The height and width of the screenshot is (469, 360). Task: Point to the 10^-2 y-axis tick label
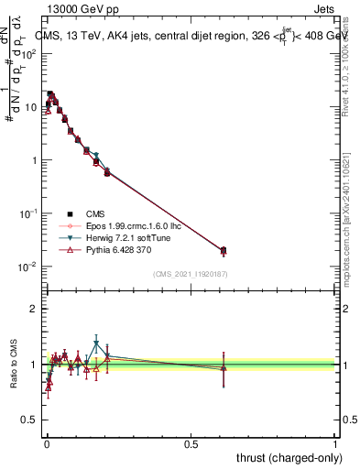(29, 267)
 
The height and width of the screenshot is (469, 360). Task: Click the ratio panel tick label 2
(35, 309)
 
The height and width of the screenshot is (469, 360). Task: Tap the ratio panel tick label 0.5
(31, 420)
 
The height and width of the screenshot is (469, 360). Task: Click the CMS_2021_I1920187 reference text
(191, 273)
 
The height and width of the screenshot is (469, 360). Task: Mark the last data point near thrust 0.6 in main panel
(224, 250)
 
